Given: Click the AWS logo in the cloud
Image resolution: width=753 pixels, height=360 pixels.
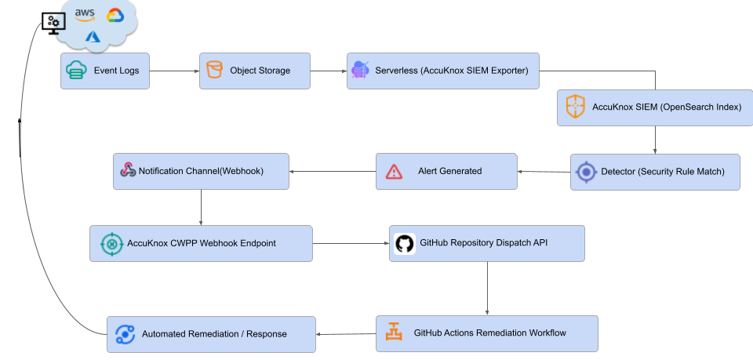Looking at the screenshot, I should [x=85, y=14].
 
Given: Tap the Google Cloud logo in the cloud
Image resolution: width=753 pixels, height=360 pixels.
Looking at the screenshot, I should [x=115, y=15].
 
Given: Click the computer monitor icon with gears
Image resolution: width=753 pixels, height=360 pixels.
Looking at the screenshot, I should [x=53, y=23].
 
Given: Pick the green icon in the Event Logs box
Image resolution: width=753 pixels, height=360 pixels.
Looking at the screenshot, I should [x=75, y=71].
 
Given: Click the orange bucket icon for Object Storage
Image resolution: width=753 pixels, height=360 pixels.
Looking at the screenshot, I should [x=213, y=71].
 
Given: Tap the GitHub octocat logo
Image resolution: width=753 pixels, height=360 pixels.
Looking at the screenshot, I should [x=404, y=243].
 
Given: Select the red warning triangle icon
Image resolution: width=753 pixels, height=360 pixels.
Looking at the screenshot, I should [x=394, y=171].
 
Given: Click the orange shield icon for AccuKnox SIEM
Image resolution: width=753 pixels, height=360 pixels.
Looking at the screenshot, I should [x=576, y=107].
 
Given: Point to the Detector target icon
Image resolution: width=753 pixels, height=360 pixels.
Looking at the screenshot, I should [x=586, y=172].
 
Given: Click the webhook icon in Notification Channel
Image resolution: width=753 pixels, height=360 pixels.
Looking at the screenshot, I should [x=128, y=170].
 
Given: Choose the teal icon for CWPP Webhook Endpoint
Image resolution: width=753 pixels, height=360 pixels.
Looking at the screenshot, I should [x=112, y=244].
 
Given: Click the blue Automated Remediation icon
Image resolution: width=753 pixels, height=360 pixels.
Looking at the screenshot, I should [x=125, y=334].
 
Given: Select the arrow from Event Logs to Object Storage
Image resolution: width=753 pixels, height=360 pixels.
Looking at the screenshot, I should [x=174, y=71].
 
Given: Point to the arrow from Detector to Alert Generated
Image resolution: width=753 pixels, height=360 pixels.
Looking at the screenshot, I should [x=543, y=171].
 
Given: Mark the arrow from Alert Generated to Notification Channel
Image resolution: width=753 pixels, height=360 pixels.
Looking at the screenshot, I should [x=332, y=171].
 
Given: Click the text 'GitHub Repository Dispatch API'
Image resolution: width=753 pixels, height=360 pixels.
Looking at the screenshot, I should [x=483, y=242].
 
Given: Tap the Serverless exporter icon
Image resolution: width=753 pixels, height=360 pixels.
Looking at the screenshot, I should [x=361, y=71].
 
